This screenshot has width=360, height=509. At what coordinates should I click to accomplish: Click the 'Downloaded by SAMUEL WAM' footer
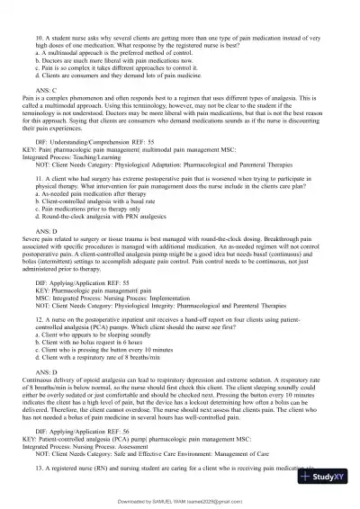tap(180, 499)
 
